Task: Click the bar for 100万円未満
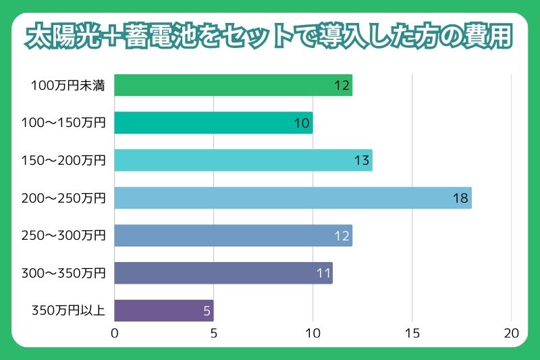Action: click(233, 86)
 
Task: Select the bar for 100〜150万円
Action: click(213, 123)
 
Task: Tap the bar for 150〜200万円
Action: click(243, 161)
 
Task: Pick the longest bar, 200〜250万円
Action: click(292, 199)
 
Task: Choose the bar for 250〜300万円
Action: click(233, 236)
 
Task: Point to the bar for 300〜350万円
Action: click(223, 274)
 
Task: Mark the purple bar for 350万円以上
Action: click(163, 311)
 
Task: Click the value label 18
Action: click(460, 199)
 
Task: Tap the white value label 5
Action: click(207, 312)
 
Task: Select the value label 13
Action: click(361, 161)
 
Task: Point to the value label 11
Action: click(323, 274)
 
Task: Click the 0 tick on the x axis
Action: click(115, 333)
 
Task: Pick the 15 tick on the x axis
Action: click(412, 333)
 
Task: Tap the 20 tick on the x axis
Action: click(511, 333)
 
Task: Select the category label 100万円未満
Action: click(67, 86)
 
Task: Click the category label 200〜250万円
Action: click(67, 199)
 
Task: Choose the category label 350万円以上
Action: click(69, 311)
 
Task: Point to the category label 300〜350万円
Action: click(67, 274)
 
